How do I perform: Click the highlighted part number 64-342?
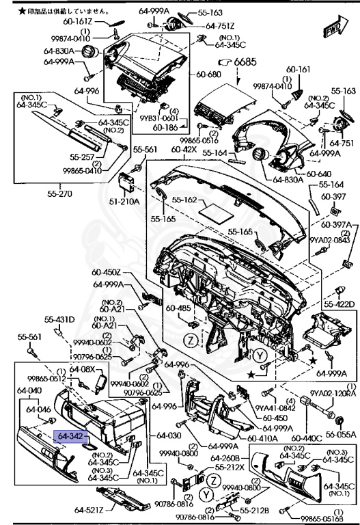71,435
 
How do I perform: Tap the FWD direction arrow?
334,31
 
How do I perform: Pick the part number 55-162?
184,200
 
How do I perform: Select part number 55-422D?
339,304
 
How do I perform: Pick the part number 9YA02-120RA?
333,393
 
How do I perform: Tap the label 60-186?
166,126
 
